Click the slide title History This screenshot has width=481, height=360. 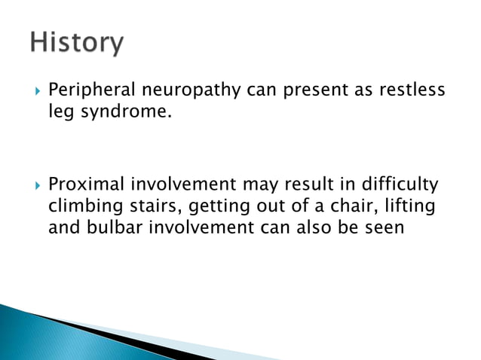coord(76,44)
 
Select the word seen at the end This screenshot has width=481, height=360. coord(384,227)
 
